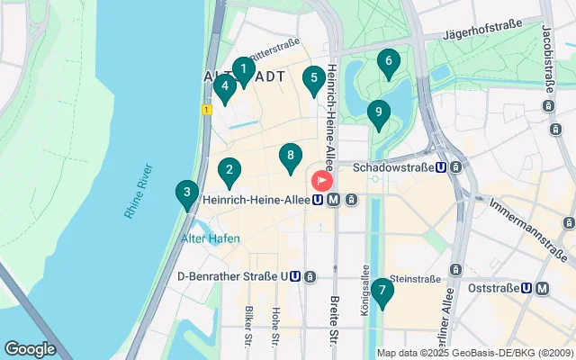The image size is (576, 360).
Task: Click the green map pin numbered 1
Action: (x=243, y=68)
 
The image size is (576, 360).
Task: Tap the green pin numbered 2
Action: (x=229, y=169)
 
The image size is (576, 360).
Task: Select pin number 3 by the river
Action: (x=186, y=193)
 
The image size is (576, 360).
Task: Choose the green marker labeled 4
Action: (x=224, y=86)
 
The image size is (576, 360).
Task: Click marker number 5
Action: (x=313, y=78)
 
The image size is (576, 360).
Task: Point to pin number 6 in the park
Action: (x=388, y=62)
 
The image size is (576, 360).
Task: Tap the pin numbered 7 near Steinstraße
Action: (x=382, y=291)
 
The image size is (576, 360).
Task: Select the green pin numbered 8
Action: (x=289, y=156)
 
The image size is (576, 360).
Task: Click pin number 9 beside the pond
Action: (x=378, y=113)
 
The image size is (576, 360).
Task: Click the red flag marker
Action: (x=321, y=179)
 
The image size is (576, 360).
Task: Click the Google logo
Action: (x=30, y=348)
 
